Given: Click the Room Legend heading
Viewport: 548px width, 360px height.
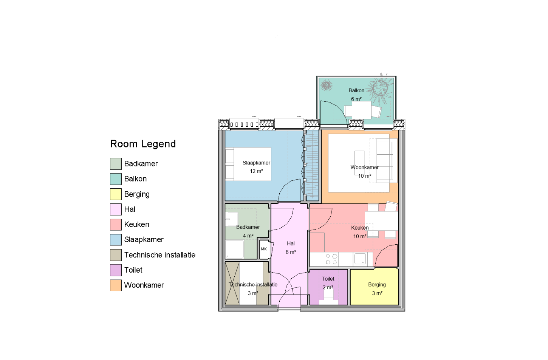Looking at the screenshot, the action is (x=143, y=144).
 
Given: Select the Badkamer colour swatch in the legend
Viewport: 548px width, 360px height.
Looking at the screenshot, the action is (x=116, y=164).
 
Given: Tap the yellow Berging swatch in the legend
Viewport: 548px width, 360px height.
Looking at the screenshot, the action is (x=116, y=194).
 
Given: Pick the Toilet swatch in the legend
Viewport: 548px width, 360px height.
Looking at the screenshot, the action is (x=116, y=270).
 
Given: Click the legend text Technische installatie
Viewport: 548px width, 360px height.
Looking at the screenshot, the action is (x=160, y=255).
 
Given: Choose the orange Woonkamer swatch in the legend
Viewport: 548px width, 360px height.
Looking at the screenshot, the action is (x=116, y=285).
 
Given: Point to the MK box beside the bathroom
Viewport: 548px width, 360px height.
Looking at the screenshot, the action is (x=264, y=249).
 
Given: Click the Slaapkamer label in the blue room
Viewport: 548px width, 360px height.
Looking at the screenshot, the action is (x=256, y=163).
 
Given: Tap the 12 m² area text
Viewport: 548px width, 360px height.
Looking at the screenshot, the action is (x=256, y=171).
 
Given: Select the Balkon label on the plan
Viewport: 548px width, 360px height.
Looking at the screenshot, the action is (x=356, y=90).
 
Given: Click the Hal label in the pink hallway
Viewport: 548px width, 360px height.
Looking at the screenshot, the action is (x=291, y=244).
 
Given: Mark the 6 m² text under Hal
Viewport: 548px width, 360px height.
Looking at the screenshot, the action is (x=291, y=252).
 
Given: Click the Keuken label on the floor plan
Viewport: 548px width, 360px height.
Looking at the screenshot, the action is (x=360, y=228).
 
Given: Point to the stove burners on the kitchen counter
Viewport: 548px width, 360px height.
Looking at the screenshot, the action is (x=331, y=259).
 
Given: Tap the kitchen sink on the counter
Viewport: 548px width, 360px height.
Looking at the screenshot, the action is (x=360, y=259).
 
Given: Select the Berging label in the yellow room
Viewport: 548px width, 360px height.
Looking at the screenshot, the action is (x=377, y=285).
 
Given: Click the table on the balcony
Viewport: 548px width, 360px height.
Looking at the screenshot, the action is (x=362, y=110).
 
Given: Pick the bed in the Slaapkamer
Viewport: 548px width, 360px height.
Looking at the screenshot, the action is (x=248, y=164).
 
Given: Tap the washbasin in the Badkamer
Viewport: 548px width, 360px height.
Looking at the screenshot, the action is (x=232, y=219).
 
